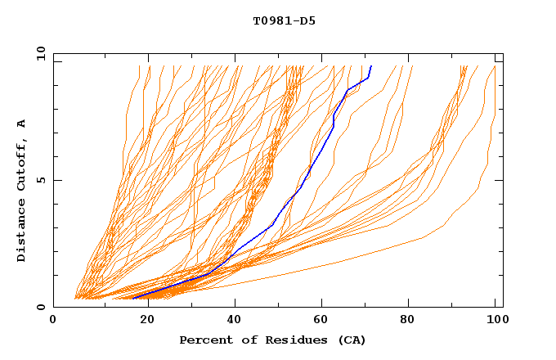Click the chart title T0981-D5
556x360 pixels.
point(284,20)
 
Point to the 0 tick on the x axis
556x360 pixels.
point(53,321)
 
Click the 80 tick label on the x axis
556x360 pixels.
point(414,321)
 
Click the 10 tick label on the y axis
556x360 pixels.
point(40,53)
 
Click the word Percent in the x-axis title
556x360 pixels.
point(203,340)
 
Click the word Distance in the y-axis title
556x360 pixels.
point(21,232)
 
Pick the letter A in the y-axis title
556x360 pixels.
point(21,124)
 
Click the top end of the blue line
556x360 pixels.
point(371,66)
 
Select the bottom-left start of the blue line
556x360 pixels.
point(132,298)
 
